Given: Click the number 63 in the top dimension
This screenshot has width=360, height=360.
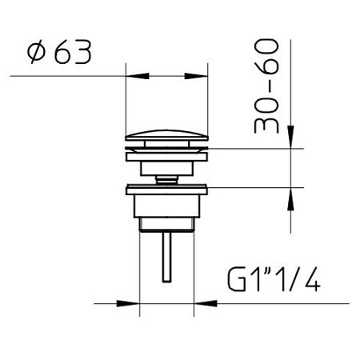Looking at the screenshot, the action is [73, 53].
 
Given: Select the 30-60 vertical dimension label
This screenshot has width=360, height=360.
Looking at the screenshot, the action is [266, 86].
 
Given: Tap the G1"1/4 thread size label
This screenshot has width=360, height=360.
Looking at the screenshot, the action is [274, 279].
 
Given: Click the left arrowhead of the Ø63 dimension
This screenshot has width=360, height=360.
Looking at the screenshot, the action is [137, 76].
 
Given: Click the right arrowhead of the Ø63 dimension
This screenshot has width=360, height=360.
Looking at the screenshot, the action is [196, 76].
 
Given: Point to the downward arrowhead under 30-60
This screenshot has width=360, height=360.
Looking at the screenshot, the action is [290, 137].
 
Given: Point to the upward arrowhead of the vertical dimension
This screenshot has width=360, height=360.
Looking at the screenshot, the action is [290, 199].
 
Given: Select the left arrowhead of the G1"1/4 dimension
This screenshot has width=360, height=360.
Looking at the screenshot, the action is [128, 303].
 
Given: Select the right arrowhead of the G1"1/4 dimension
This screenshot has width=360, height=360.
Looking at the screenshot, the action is [206, 303].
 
